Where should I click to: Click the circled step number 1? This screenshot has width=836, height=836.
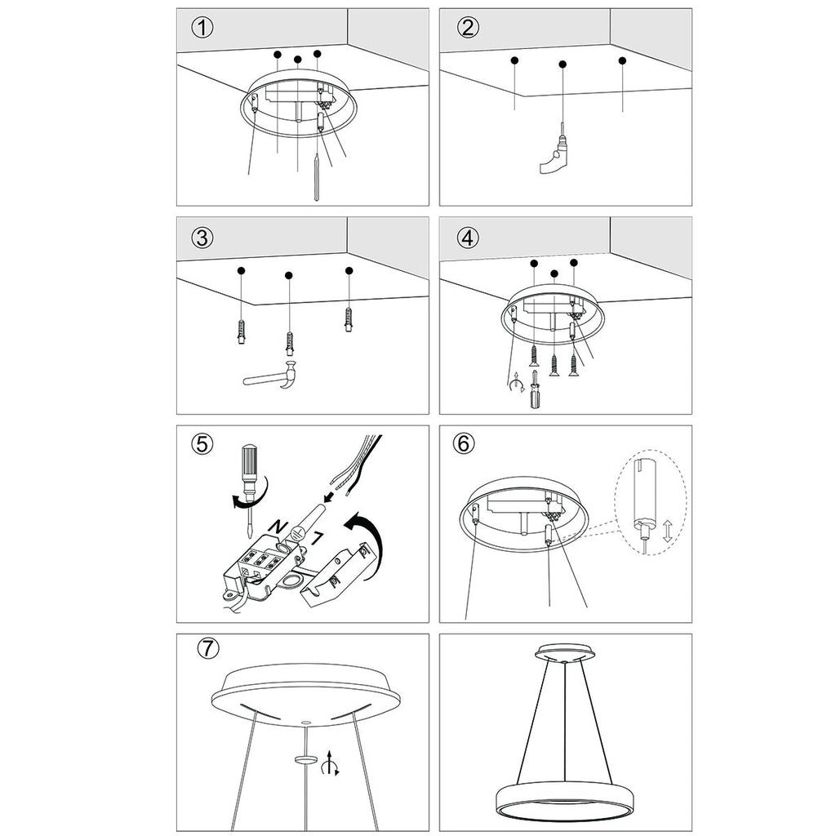click(x=202, y=27)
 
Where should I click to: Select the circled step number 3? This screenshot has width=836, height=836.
click(x=202, y=238)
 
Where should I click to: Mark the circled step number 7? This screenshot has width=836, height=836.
click(x=209, y=649)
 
